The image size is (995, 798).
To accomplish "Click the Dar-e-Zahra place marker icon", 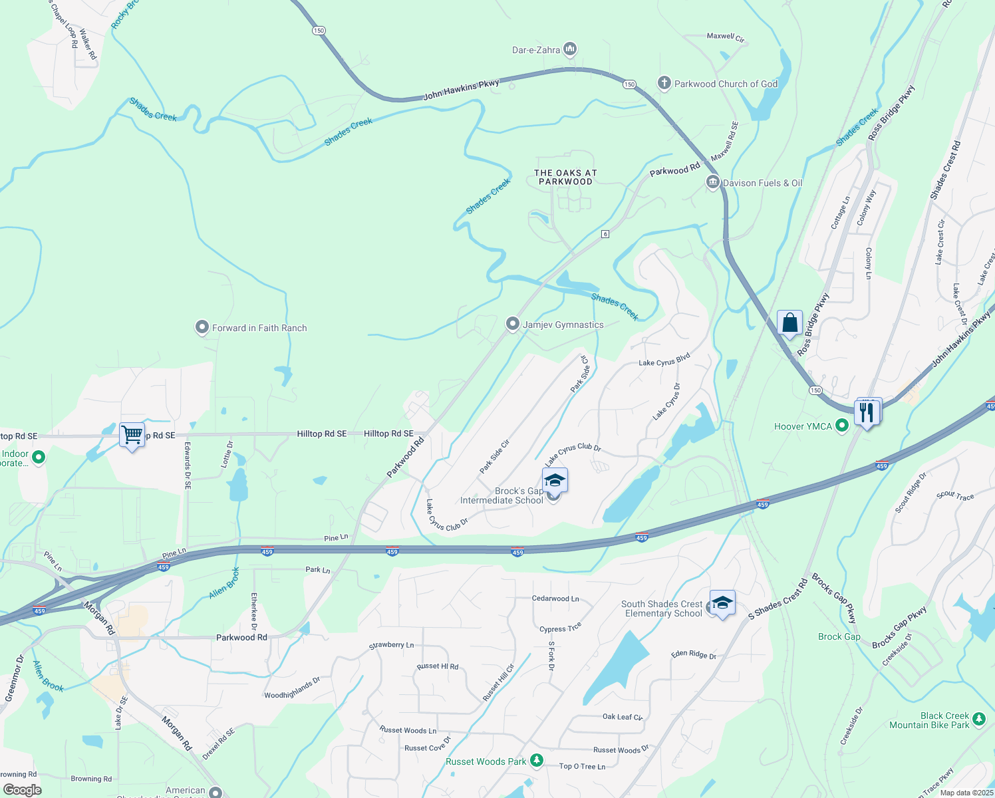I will (x=569, y=49).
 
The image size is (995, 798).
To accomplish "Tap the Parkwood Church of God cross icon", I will (x=663, y=83).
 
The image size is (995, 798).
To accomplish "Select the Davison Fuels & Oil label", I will (x=762, y=183).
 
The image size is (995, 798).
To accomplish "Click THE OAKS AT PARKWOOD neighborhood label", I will (x=565, y=177).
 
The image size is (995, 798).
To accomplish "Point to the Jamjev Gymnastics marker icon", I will (x=512, y=324).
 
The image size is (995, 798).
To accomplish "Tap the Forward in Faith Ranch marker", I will (x=202, y=328).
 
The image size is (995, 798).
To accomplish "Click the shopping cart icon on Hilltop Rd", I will (x=132, y=435).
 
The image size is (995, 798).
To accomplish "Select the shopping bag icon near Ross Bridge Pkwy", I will (x=789, y=323).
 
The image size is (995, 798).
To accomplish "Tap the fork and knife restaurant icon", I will (x=867, y=412).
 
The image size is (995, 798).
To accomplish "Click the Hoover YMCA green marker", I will (x=841, y=426).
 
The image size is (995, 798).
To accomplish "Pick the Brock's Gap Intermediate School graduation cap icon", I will (x=554, y=480).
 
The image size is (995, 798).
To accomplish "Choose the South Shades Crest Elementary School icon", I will (x=722, y=603).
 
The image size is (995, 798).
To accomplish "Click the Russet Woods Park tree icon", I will (x=537, y=761).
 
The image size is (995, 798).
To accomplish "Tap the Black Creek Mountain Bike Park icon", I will (x=978, y=719).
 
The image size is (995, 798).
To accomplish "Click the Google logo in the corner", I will (x=22, y=789).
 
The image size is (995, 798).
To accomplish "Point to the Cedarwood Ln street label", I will (x=555, y=598).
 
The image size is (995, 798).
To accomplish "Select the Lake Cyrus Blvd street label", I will (x=664, y=360).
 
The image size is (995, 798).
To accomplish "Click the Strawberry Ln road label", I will (x=391, y=645).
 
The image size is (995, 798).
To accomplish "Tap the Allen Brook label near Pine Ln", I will (x=224, y=583).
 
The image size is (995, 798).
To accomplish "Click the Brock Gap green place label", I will (x=839, y=636).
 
